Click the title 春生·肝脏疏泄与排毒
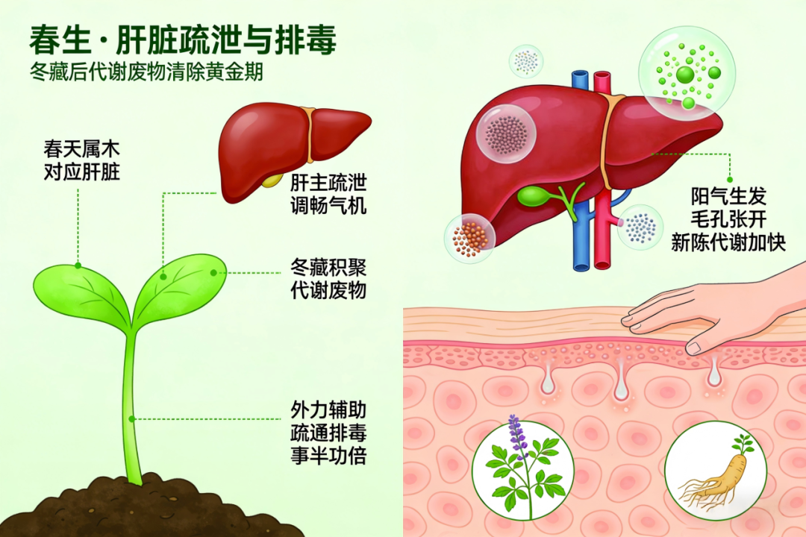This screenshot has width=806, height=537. coord(182,40)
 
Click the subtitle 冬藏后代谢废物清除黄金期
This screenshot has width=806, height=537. coord(143,74)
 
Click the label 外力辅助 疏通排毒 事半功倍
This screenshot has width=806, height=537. coord(328,433)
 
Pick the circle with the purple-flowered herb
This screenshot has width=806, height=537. coord(522,470)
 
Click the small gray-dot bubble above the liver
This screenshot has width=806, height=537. coord(526,61)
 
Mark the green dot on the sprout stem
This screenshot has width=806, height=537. coord(131,418)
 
